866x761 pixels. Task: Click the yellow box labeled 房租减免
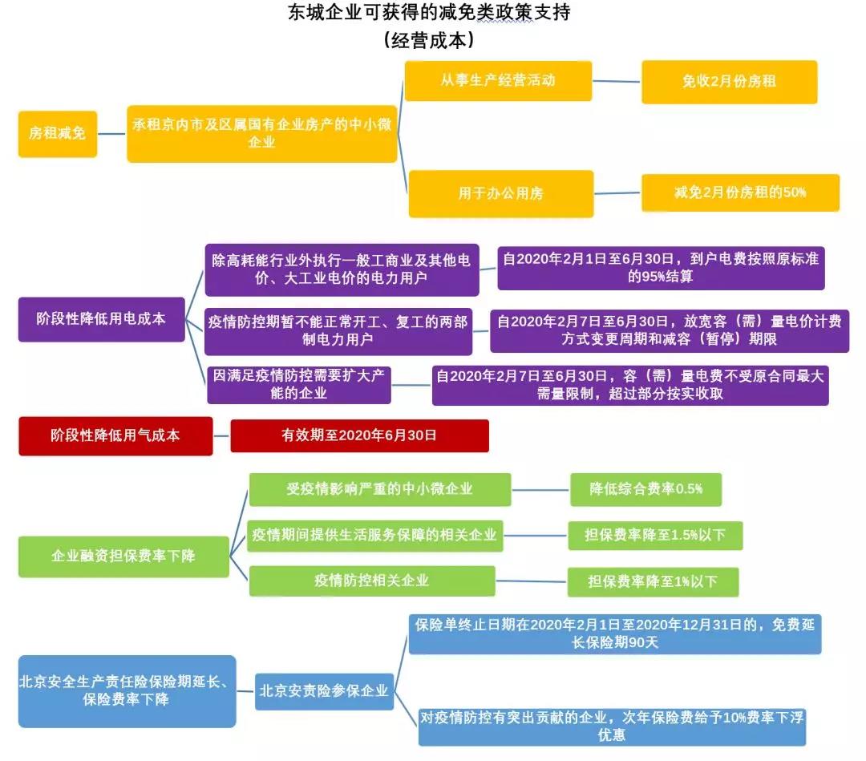(58, 134)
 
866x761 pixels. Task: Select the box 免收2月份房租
(729, 82)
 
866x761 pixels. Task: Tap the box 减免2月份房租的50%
(740, 192)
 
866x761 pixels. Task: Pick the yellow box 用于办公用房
(501, 194)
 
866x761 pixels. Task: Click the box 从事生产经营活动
(498, 81)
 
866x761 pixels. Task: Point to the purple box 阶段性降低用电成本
(102, 319)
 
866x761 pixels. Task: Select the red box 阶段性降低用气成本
(115, 435)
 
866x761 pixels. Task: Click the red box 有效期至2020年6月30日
(359, 435)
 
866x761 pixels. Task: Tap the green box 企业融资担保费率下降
(123, 557)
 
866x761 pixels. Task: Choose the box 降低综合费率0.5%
(645, 489)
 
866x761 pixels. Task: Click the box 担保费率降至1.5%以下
(655, 535)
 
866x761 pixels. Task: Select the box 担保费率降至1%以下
(653, 581)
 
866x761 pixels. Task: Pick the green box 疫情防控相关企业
(372, 581)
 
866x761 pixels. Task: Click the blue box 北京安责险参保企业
(324, 691)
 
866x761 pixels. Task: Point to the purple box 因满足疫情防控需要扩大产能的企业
(299, 385)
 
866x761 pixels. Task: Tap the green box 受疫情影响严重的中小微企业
(380, 489)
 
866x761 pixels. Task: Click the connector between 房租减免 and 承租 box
(112, 134)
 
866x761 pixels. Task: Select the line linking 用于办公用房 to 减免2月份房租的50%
(617, 193)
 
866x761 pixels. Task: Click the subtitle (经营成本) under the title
(429, 40)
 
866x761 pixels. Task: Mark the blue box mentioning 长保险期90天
(615, 634)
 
